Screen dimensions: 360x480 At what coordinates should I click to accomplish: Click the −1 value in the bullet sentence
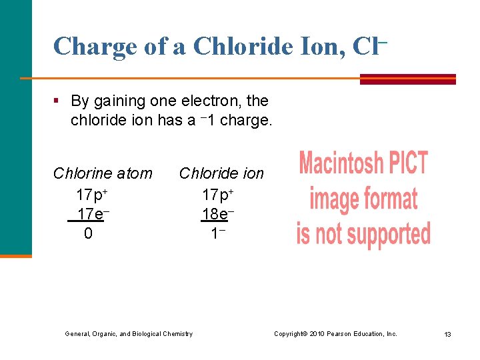coord(207,121)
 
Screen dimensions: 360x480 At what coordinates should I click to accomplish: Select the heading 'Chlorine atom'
coord(103,174)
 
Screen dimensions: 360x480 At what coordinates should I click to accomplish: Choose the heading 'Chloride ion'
coord(221,174)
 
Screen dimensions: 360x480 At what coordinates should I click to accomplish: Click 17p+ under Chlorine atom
coord(92,195)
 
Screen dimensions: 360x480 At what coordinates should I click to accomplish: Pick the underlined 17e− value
coord(92,214)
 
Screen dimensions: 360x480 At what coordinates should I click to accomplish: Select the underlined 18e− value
coord(218,214)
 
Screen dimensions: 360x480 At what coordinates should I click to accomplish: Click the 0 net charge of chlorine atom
coord(88,234)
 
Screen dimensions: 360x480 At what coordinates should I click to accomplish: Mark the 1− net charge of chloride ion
coord(217,234)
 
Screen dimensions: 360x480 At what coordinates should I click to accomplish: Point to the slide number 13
coord(447,334)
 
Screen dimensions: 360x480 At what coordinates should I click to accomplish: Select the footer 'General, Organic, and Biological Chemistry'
coord(128,333)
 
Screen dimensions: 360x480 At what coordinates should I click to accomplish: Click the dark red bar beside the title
coord(407,79)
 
